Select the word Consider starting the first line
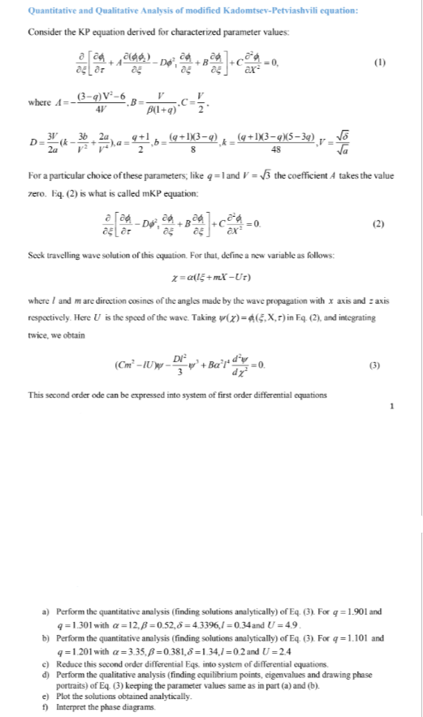45,32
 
